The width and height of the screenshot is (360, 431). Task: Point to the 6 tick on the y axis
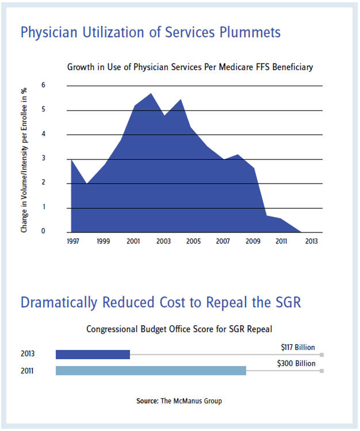(x=59, y=86)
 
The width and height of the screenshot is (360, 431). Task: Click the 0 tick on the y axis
(x=59, y=232)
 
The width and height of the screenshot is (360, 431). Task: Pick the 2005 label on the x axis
(x=194, y=241)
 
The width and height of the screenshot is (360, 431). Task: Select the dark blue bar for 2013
(x=93, y=354)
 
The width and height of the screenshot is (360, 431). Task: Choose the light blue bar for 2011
(x=151, y=371)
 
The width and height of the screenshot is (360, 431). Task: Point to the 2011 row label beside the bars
(x=26, y=371)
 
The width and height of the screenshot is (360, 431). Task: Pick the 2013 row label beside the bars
(x=26, y=354)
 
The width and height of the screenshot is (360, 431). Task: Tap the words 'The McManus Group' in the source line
(x=190, y=401)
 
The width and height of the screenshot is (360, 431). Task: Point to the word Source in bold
(x=148, y=401)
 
